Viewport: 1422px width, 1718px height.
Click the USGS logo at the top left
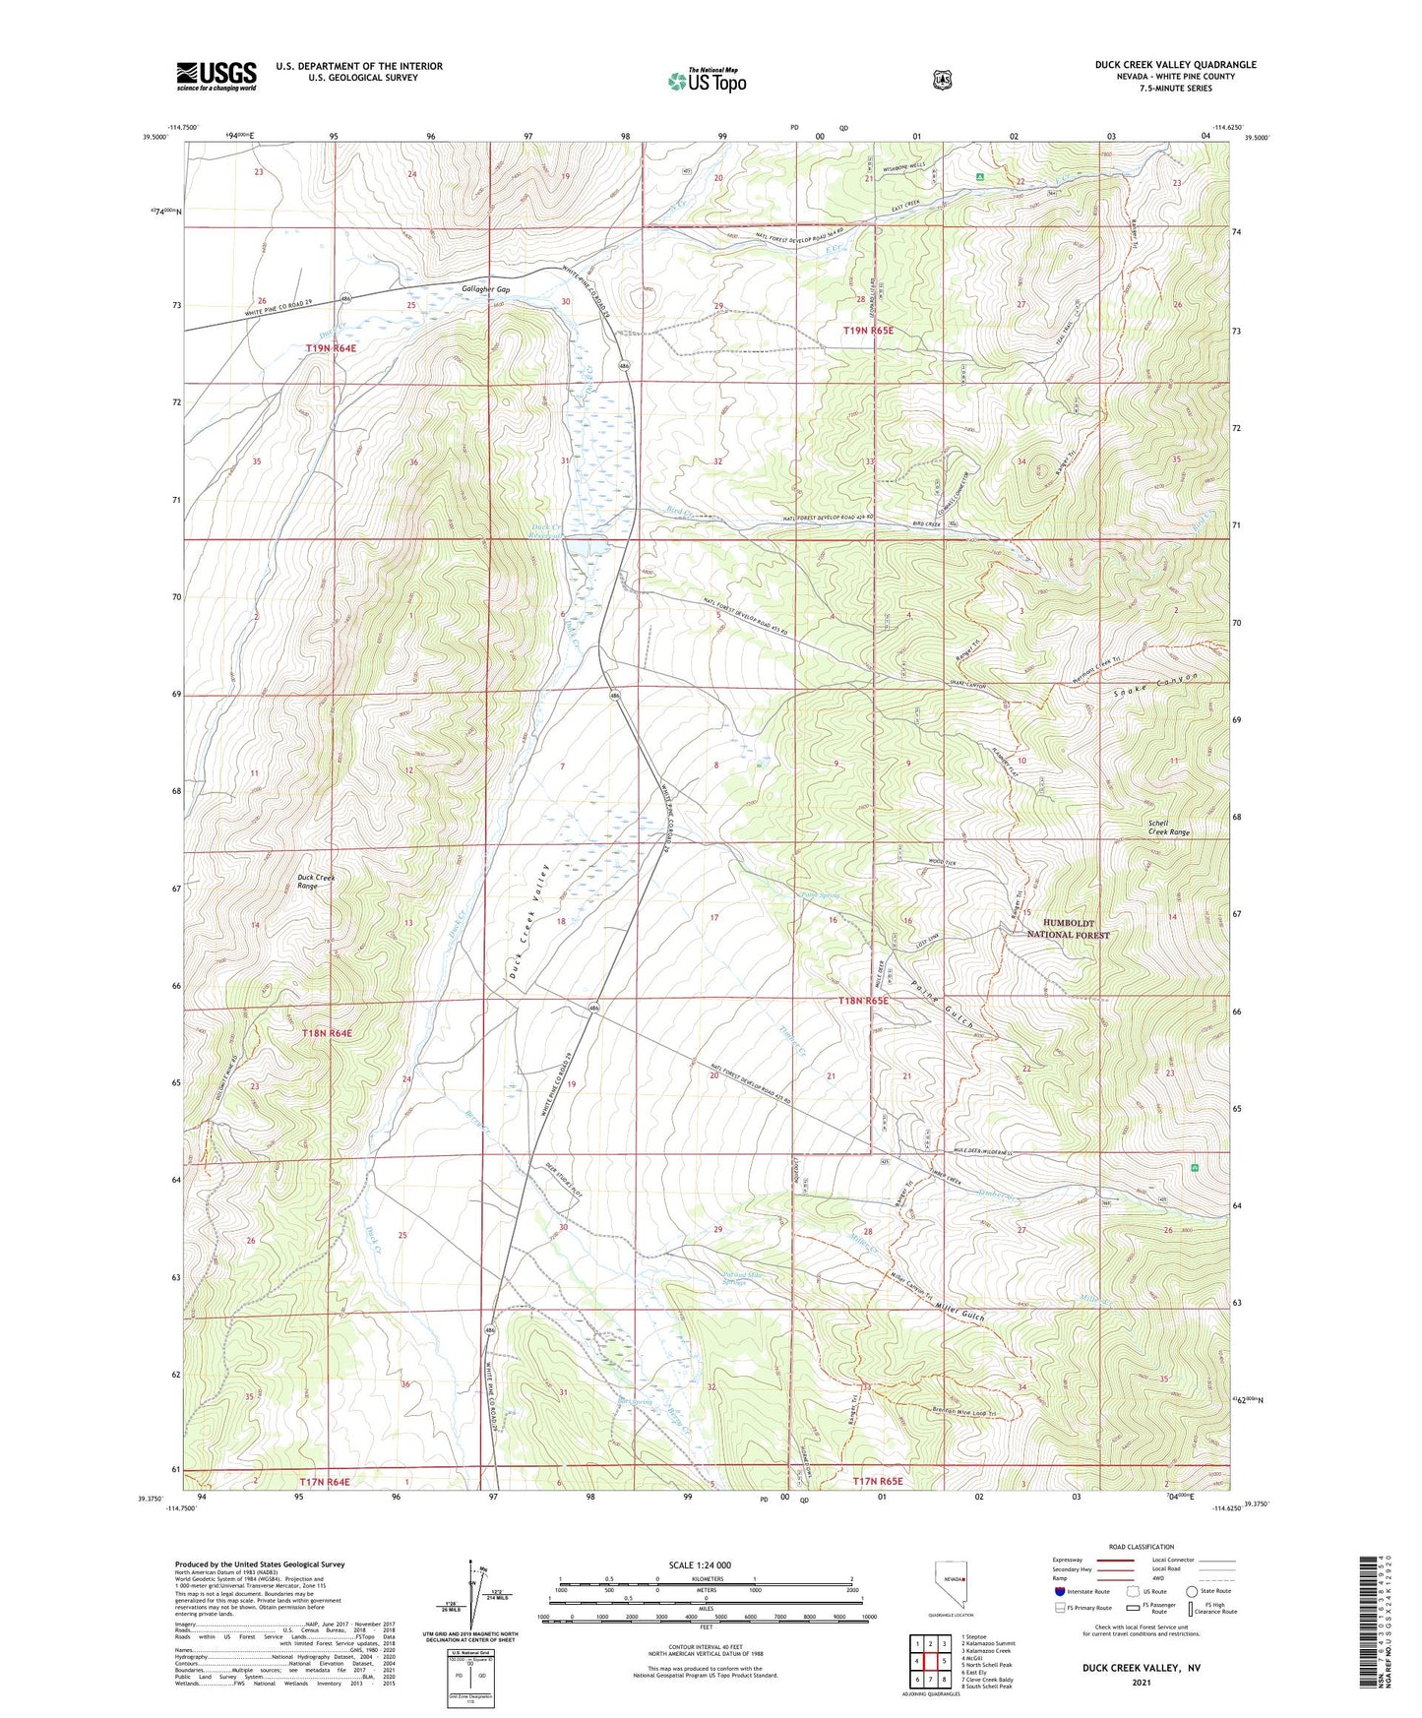pos(216,76)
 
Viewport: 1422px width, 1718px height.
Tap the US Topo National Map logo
pos(706,80)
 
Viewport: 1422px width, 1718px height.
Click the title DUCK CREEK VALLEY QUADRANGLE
pos(1175,65)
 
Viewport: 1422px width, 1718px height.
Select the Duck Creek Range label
pos(317,882)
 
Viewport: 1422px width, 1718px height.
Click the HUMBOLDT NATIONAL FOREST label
pos(1068,929)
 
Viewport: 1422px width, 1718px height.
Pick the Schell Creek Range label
pos(1168,828)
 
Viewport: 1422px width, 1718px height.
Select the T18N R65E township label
pos(862,1001)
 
